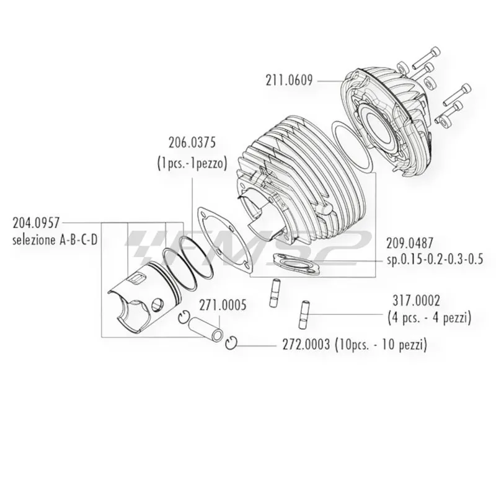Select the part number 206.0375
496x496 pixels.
click(192, 143)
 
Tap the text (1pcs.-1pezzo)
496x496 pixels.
click(192, 164)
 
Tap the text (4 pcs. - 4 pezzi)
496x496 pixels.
click(428, 319)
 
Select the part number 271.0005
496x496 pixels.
click(222, 305)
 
